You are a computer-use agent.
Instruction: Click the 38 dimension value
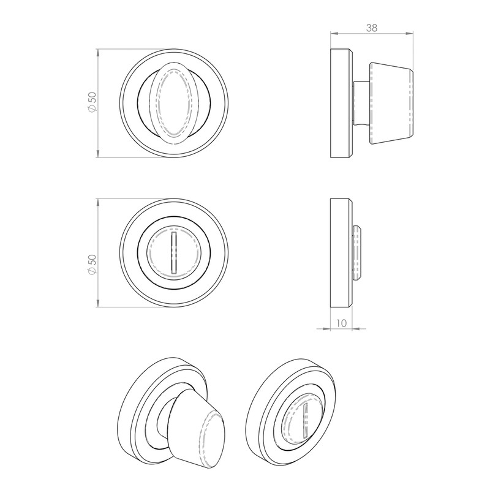click(371, 27)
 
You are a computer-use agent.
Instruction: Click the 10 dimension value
click(341, 323)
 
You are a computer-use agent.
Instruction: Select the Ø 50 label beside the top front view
click(91, 102)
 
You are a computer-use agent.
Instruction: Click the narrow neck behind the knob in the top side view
click(363, 102)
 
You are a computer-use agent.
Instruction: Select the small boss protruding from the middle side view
click(358, 252)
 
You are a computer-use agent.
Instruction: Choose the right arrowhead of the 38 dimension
click(409, 32)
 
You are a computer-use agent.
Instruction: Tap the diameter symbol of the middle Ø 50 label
click(91, 271)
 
